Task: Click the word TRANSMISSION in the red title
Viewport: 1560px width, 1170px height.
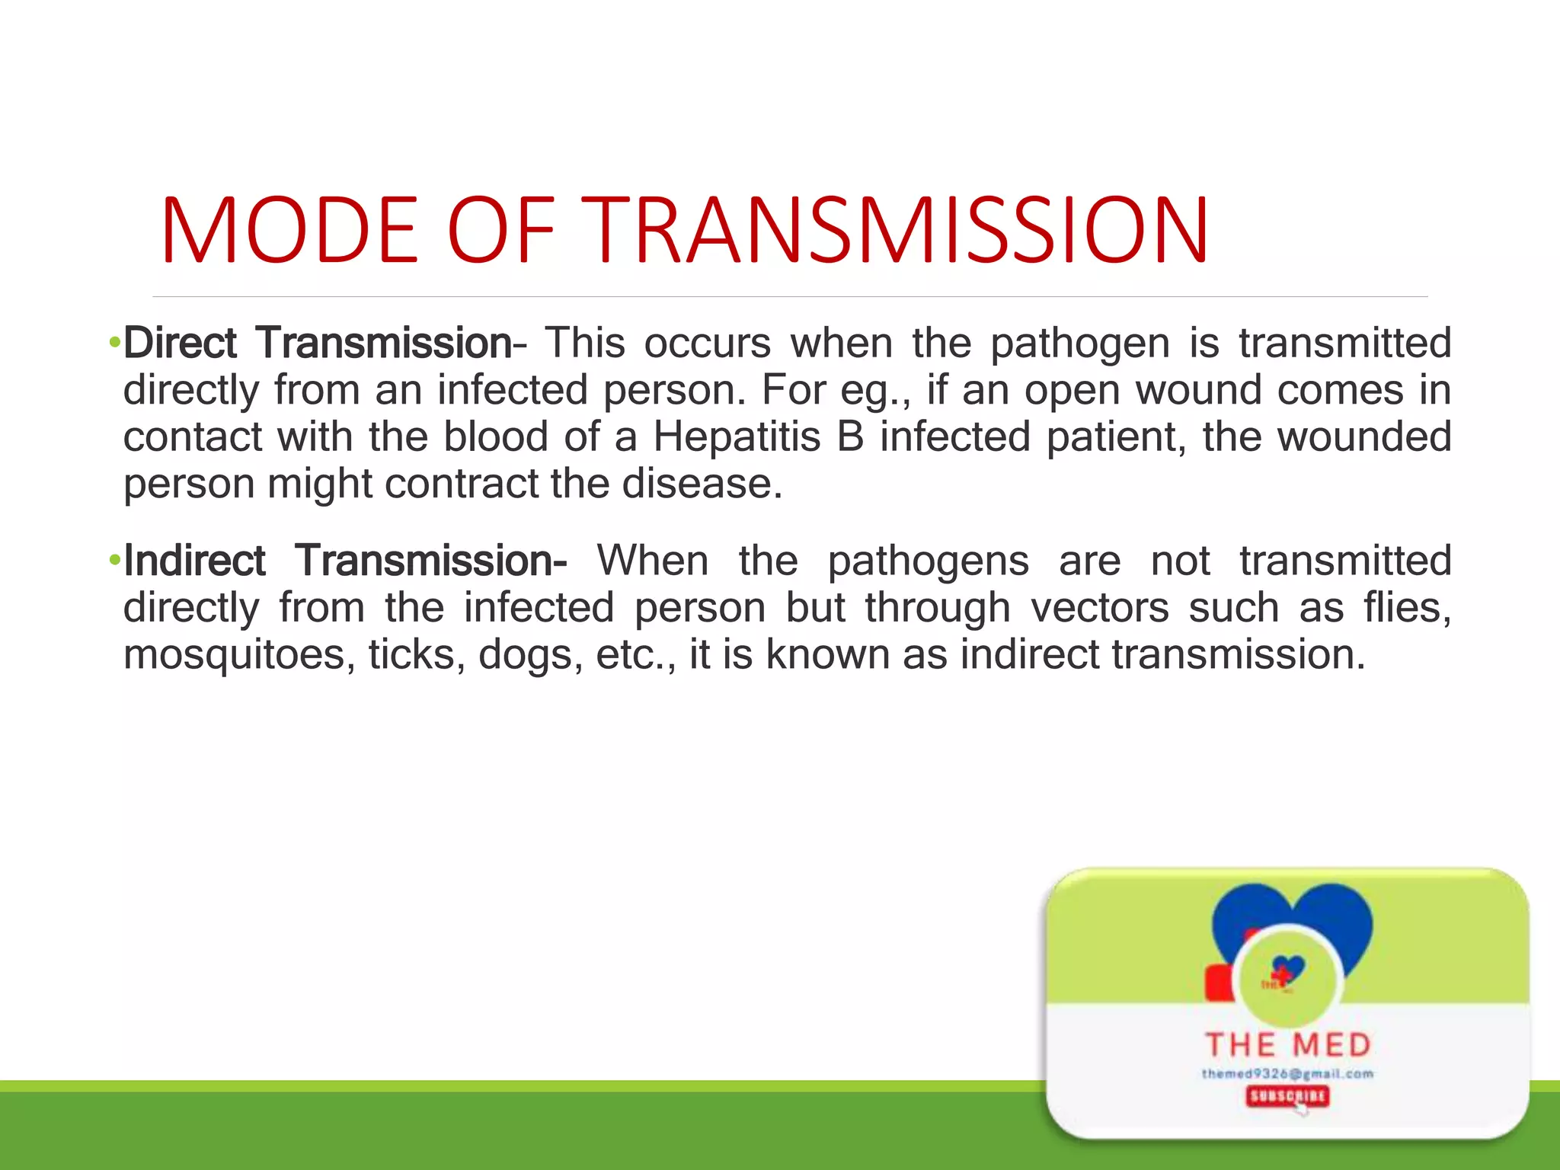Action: point(899,231)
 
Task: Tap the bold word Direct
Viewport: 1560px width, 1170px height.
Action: point(181,343)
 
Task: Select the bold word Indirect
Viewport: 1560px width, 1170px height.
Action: point(195,561)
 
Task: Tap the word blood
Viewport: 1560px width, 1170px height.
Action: point(495,437)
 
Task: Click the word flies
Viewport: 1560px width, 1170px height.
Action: point(1407,608)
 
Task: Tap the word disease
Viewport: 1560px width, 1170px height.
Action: point(701,484)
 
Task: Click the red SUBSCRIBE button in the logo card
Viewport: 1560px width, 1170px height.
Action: point(1287,1096)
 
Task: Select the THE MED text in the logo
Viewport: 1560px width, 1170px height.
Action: point(1288,1045)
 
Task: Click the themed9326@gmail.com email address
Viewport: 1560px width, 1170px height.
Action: point(1287,1074)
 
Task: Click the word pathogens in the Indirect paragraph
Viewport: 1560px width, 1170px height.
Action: point(928,562)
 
